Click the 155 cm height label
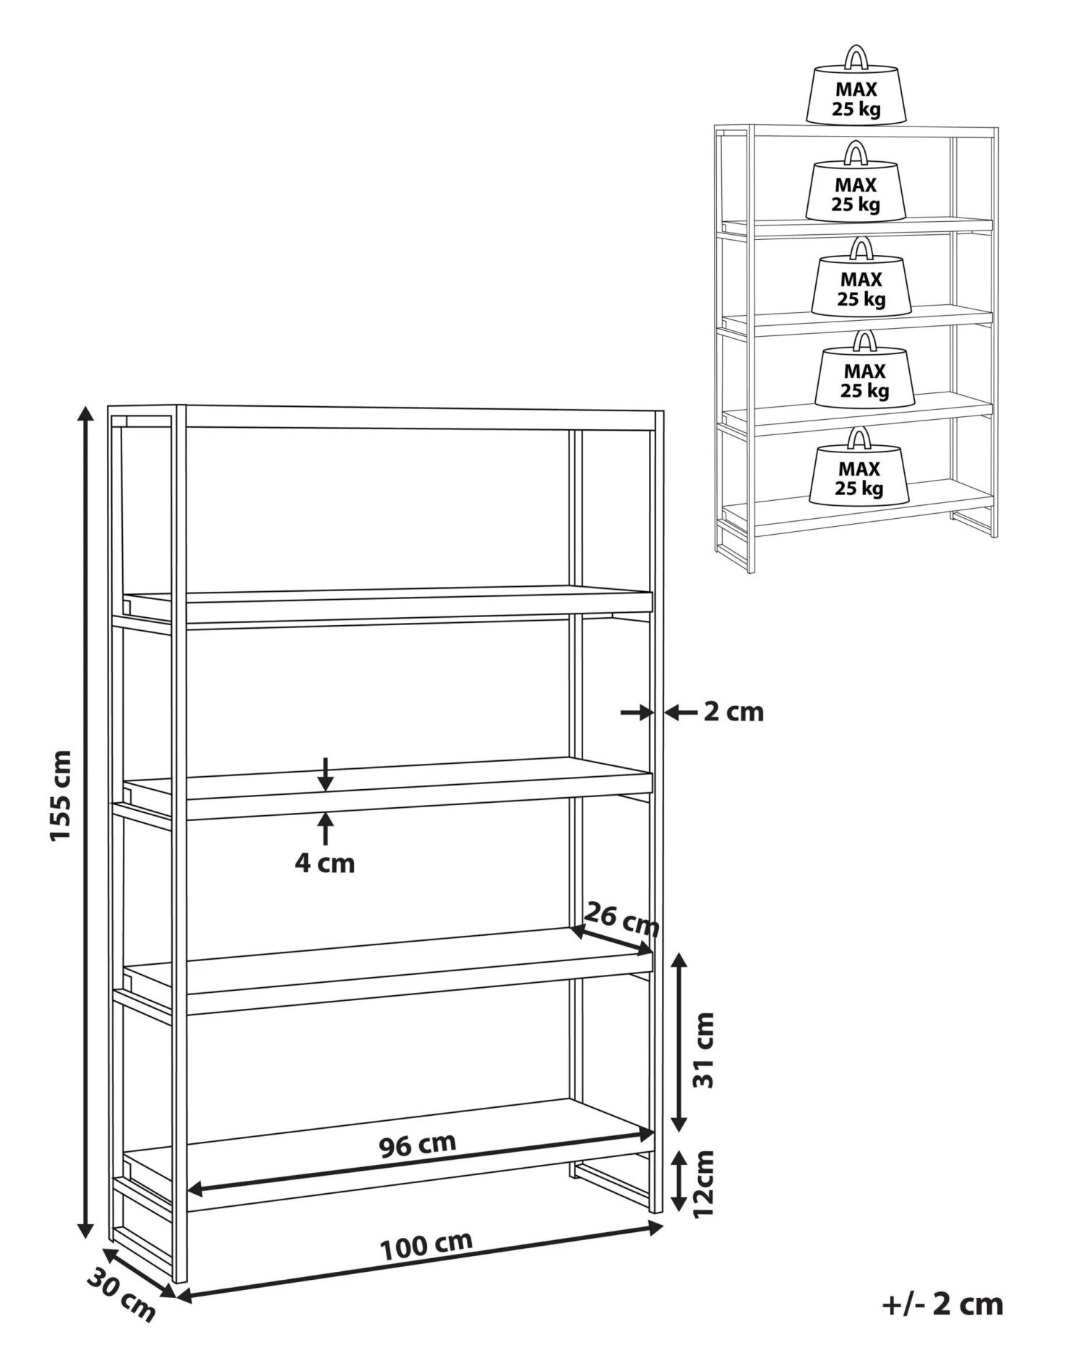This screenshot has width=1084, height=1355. click(61, 795)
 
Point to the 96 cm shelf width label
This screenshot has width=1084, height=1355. click(418, 1145)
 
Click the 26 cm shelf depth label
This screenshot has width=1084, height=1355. click(621, 919)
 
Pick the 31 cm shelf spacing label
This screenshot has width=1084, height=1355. click(703, 1050)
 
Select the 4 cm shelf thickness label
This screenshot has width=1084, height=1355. click(324, 863)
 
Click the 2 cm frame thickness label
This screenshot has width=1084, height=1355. click(734, 712)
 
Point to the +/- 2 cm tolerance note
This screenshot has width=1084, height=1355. click(942, 1304)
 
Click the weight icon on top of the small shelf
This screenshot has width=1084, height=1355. click(856, 86)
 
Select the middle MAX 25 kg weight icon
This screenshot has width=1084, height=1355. click(861, 277)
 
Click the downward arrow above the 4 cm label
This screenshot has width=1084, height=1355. click(326, 774)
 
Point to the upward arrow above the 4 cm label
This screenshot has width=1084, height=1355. click(326, 828)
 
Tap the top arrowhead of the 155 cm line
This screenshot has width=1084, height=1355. click(85, 414)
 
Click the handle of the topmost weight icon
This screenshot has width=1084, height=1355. click(856, 57)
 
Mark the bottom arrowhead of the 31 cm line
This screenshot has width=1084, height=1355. click(679, 1123)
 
